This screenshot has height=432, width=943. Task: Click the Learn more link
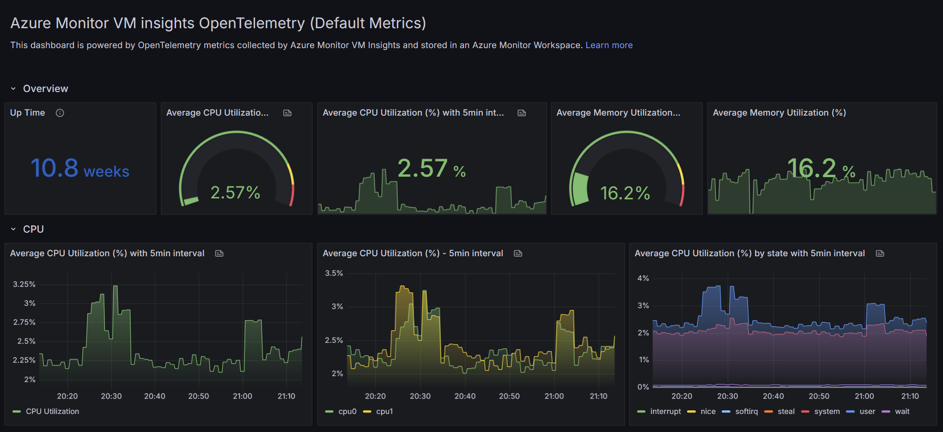(x=609, y=45)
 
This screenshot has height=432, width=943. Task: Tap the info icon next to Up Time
(x=60, y=113)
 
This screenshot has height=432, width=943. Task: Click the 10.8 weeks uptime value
(x=80, y=168)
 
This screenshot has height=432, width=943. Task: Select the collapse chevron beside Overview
(x=13, y=89)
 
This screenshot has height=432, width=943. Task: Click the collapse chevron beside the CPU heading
(x=13, y=229)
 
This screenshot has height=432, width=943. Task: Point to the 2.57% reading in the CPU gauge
(x=235, y=192)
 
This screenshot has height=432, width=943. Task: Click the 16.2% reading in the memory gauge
(x=625, y=193)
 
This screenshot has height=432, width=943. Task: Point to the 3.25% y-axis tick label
(x=24, y=284)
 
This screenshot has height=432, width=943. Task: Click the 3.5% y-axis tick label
(x=334, y=273)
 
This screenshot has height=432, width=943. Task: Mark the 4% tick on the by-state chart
(x=643, y=278)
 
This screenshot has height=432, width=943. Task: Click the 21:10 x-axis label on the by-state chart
(x=910, y=396)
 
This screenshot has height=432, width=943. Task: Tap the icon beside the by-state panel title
(x=880, y=253)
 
